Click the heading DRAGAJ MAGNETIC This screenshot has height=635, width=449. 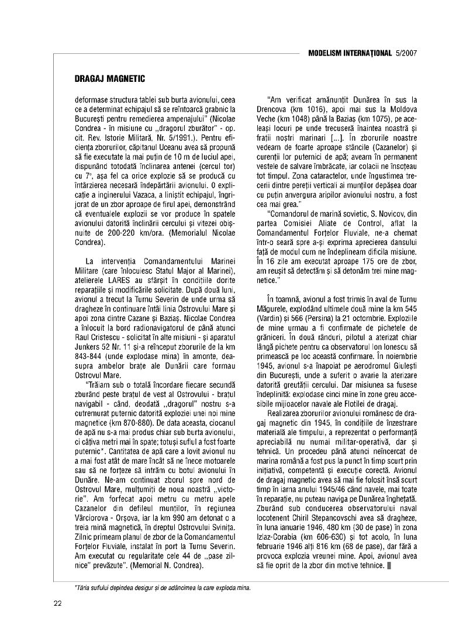(x=109, y=78)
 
